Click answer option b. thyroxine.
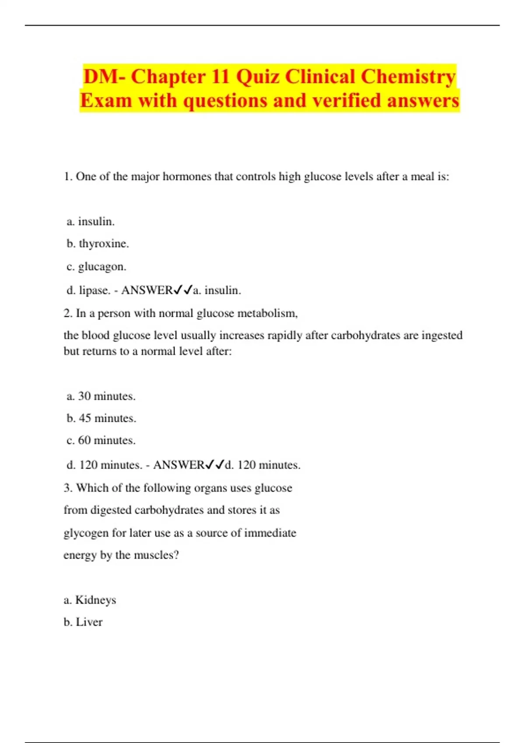tap(98, 243)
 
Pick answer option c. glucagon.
tap(96, 267)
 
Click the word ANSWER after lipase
tap(147, 290)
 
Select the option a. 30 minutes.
tap(101, 396)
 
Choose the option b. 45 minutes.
tap(101, 418)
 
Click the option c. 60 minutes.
tap(101, 440)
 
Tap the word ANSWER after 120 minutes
tap(178, 465)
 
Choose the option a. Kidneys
tap(90, 600)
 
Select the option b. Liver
tap(83, 622)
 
